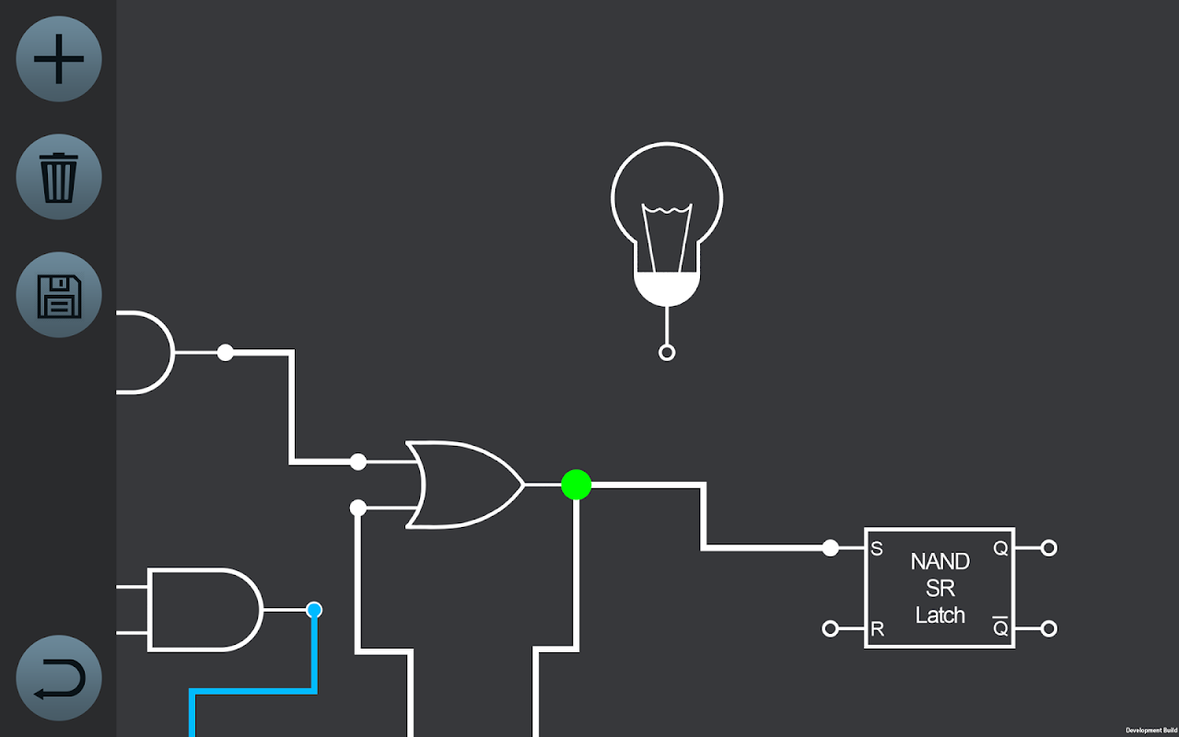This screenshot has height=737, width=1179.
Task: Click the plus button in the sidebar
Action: click(x=59, y=59)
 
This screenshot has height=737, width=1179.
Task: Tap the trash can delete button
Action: click(x=59, y=177)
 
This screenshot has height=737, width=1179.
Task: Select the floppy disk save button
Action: click(x=59, y=295)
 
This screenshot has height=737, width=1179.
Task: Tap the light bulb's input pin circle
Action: click(x=667, y=352)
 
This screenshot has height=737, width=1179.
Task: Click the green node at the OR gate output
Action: click(x=576, y=485)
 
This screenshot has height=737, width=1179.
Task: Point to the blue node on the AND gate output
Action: click(x=314, y=610)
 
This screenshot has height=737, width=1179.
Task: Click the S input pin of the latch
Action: click(x=831, y=548)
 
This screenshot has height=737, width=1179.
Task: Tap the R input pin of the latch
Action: click(x=831, y=629)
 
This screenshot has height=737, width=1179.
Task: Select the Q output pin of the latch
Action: click(x=1048, y=548)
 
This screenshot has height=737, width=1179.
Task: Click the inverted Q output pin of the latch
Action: click(x=1048, y=629)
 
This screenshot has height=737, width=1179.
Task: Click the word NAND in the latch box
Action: click(x=940, y=561)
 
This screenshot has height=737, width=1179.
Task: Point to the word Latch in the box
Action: click(x=940, y=614)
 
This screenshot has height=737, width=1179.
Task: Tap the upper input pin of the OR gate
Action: click(x=358, y=462)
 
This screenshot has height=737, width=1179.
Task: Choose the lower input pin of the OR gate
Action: click(x=358, y=508)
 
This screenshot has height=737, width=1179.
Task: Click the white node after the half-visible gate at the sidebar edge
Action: click(x=226, y=352)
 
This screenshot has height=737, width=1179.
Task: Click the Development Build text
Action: click(x=1150, y=730)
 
